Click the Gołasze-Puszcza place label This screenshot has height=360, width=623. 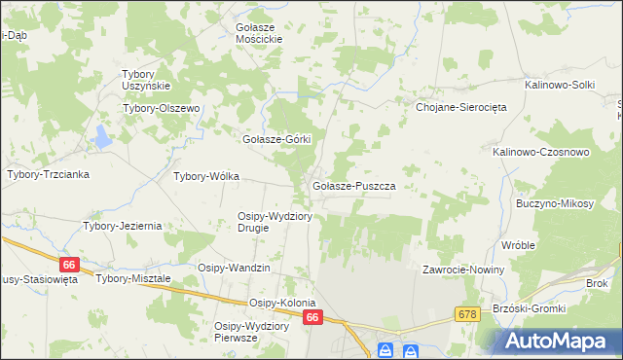click(352, 185)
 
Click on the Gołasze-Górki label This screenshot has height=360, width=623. click(275, 139)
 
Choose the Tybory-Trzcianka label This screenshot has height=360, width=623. click(49, 174)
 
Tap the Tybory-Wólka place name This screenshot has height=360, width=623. click(205, 177)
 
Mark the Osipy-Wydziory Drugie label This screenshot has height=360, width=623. click(275, 222)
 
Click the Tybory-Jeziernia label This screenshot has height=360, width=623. click(122, 226)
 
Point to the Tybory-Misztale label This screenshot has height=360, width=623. click(133, 278)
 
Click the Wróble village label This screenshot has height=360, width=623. click(519, 245)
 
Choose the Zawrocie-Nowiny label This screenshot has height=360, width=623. click(462, 270)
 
